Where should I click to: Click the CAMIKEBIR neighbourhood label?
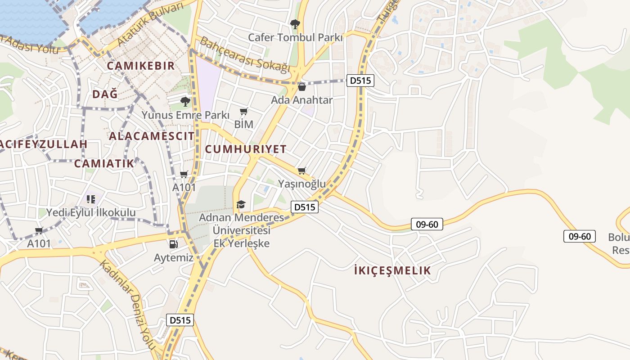pos(140,66)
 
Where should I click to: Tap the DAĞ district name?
pos(105,94)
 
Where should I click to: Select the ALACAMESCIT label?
pos(152,136)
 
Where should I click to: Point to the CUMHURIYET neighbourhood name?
pos(246,149)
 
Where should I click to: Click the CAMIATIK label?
pos(104,163)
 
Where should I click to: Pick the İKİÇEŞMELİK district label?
pos(392,270)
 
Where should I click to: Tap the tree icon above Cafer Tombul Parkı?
pos(295,24)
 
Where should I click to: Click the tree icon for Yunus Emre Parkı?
pos(184,102)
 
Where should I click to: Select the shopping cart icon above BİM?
pos(244,111)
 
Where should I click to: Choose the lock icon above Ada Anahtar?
pos(302,87)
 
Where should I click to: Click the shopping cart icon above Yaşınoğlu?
pos(301,171)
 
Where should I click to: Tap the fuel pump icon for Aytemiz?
pos(173,244)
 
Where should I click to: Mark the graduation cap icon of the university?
pos(241,205)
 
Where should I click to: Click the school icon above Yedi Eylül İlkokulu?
pos(91,198)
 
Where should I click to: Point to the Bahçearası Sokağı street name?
pos(245,54)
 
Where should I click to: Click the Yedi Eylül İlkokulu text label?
pos(91,212)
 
